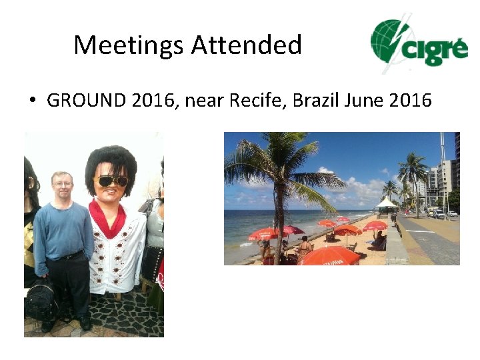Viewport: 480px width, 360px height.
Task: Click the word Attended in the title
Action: tap(247, 45)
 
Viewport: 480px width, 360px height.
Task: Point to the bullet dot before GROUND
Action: tap(32, 101)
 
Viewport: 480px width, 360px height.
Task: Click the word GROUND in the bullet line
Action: tap(86, 101)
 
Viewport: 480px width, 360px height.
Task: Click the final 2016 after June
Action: tap(410, 101)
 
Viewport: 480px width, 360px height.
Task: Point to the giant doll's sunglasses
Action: tap(111, 181)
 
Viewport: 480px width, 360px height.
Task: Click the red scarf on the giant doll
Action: tap(109, 216)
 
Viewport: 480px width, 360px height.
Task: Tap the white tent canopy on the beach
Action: tap(386, 202)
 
